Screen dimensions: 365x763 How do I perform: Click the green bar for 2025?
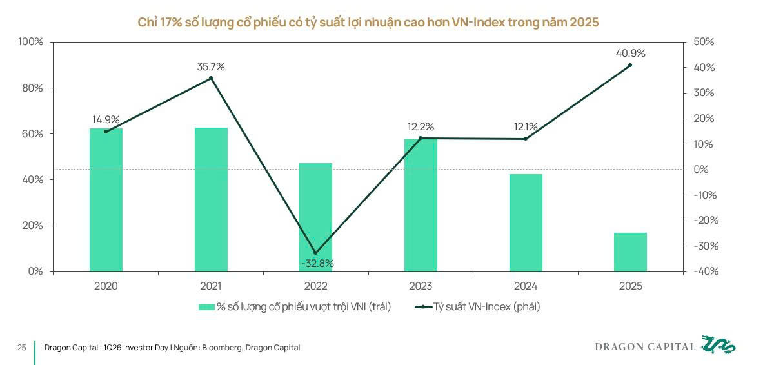(x=630, y=252)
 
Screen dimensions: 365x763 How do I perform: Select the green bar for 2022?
(x=315, y=217)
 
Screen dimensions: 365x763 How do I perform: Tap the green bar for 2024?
(x=526, y=222)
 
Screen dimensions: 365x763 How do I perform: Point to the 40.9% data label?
(x=630, y=54)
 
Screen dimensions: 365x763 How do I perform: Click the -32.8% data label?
(x=317, y=263)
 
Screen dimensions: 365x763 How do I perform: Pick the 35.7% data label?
(x=211, y=67)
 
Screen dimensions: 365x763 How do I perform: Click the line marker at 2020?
(x=106, y=132)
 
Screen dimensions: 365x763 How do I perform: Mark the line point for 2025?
(x=630, y=65)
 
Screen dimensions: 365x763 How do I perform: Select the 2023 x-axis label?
(x=421, y=286)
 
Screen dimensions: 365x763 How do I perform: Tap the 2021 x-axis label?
(x=211, y=286)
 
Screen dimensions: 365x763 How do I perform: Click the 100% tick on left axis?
(x=30, y=42)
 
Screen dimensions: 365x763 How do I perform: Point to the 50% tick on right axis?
(x=704, y=42)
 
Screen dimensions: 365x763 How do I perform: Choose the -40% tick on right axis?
(x=706, y=271)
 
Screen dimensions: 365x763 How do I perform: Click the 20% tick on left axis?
(x=32, y=226)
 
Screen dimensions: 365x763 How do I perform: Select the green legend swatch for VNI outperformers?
(x=206, y=307)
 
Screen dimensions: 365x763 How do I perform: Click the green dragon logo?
(x=718, y=346)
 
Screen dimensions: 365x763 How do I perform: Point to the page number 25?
(x=21, y=348)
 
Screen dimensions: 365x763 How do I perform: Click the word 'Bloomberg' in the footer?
(x=223, y=348)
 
